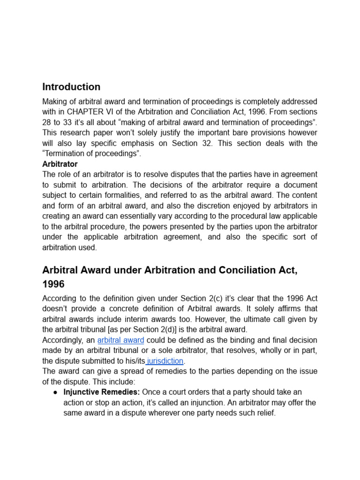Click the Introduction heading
(x=71, y=87)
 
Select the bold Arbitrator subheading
(x=60, y=164)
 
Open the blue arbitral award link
(x=120, y=340)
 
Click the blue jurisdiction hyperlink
(x=165, y=361)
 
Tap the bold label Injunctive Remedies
(x=101, y=392)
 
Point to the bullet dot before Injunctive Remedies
(x=55, y=392)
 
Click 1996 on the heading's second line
(x=53, y=284)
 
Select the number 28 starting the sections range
(x=47, y=122)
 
